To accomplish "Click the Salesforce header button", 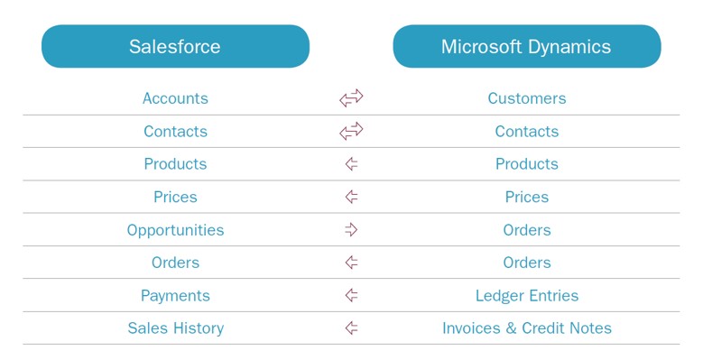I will [175, 46].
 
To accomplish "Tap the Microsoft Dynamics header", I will [526, 46].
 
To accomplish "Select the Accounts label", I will [175, 98].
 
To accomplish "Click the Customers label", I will [527, 98].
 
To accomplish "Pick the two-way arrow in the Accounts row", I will [351, 98].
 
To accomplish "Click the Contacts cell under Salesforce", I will [175, 132].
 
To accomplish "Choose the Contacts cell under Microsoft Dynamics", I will [527, 132].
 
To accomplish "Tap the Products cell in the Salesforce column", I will [175, 164].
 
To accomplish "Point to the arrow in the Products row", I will [351, 164].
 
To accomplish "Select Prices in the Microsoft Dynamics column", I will [527, 197].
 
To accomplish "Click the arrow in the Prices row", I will [351, 197].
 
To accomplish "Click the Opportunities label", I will [175, 230].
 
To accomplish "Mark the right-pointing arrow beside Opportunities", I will [351, 230].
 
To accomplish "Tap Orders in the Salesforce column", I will [175, 263].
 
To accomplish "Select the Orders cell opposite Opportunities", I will [527, 230].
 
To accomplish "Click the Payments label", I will [175, 296].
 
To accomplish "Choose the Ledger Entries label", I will [527, 296].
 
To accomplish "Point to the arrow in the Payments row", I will [351, 296].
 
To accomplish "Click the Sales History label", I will [175, 328].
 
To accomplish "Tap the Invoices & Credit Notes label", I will [527, 328].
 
